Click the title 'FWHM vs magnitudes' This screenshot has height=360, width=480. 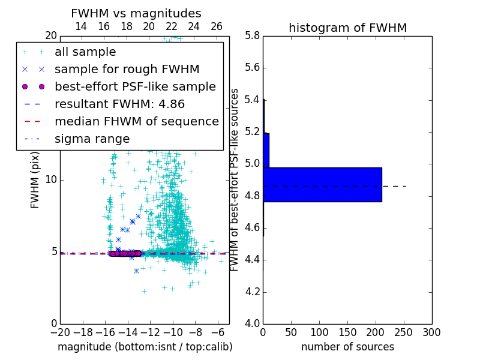pos(136,13)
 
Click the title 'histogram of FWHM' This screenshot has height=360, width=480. pos(347,28)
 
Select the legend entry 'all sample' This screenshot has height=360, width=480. pos(85,52)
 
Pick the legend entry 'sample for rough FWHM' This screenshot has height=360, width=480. pos(127,69)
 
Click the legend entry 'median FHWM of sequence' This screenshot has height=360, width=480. pos(136,121)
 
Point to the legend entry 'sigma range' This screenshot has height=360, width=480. pos(92,139)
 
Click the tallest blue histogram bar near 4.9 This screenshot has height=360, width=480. pos(322,184)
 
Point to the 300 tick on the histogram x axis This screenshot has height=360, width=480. pos(431,332)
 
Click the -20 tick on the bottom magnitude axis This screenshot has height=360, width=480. pos(60,332)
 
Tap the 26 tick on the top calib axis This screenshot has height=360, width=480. pos(217,26)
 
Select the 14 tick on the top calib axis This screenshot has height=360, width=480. pos(81,26)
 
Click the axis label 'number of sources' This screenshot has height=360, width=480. pos(347,347)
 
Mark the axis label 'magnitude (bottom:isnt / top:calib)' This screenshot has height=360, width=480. pos(145,347)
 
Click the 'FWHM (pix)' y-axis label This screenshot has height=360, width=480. pos(35,179)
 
